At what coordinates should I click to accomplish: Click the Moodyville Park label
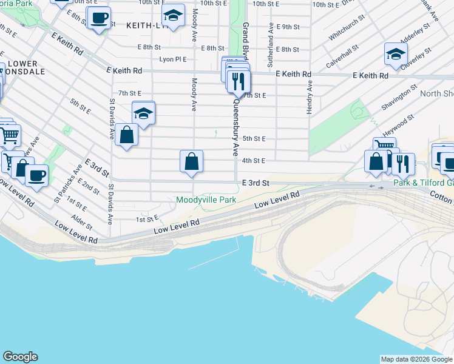(x=205, y=200)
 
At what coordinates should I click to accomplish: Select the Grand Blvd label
(x=246, y=39)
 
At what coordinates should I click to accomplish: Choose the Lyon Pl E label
(x=172, y=59)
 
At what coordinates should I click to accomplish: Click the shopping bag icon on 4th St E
(x=191, y=162)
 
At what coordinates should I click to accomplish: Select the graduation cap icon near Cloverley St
(x=396, y=54)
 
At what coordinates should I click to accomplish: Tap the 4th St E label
(x=254, y=161)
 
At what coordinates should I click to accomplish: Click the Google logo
(x=20, y=357)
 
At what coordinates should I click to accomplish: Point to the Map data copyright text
(x=416, y=359)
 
